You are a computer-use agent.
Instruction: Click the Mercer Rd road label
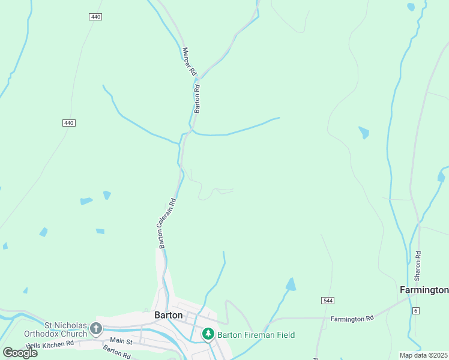[189, 62]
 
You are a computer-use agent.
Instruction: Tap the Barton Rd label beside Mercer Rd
[196, 98]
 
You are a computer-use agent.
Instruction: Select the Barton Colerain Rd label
[167, 223]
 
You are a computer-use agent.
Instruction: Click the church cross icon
[96, 328]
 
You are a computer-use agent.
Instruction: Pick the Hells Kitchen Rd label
[50, 344]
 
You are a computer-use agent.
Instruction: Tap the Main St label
[121, 341]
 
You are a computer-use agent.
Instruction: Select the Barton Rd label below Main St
[116, 351]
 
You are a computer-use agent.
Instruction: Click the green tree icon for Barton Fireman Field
[208, 334]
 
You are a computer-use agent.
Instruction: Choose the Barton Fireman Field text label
[256, 335]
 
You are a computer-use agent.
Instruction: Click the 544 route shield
[327, 300]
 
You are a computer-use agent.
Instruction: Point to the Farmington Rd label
[352, 318]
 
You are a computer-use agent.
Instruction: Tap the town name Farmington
[424, 290]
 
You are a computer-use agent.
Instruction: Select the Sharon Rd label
[418, 265]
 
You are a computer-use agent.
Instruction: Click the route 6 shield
[415, 310]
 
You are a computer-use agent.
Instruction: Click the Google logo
[20, 352]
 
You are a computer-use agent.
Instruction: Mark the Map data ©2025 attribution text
[424, 355]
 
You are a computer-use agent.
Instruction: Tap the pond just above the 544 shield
[291, 284]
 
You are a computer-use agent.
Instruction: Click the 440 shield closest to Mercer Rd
[95, 17]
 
